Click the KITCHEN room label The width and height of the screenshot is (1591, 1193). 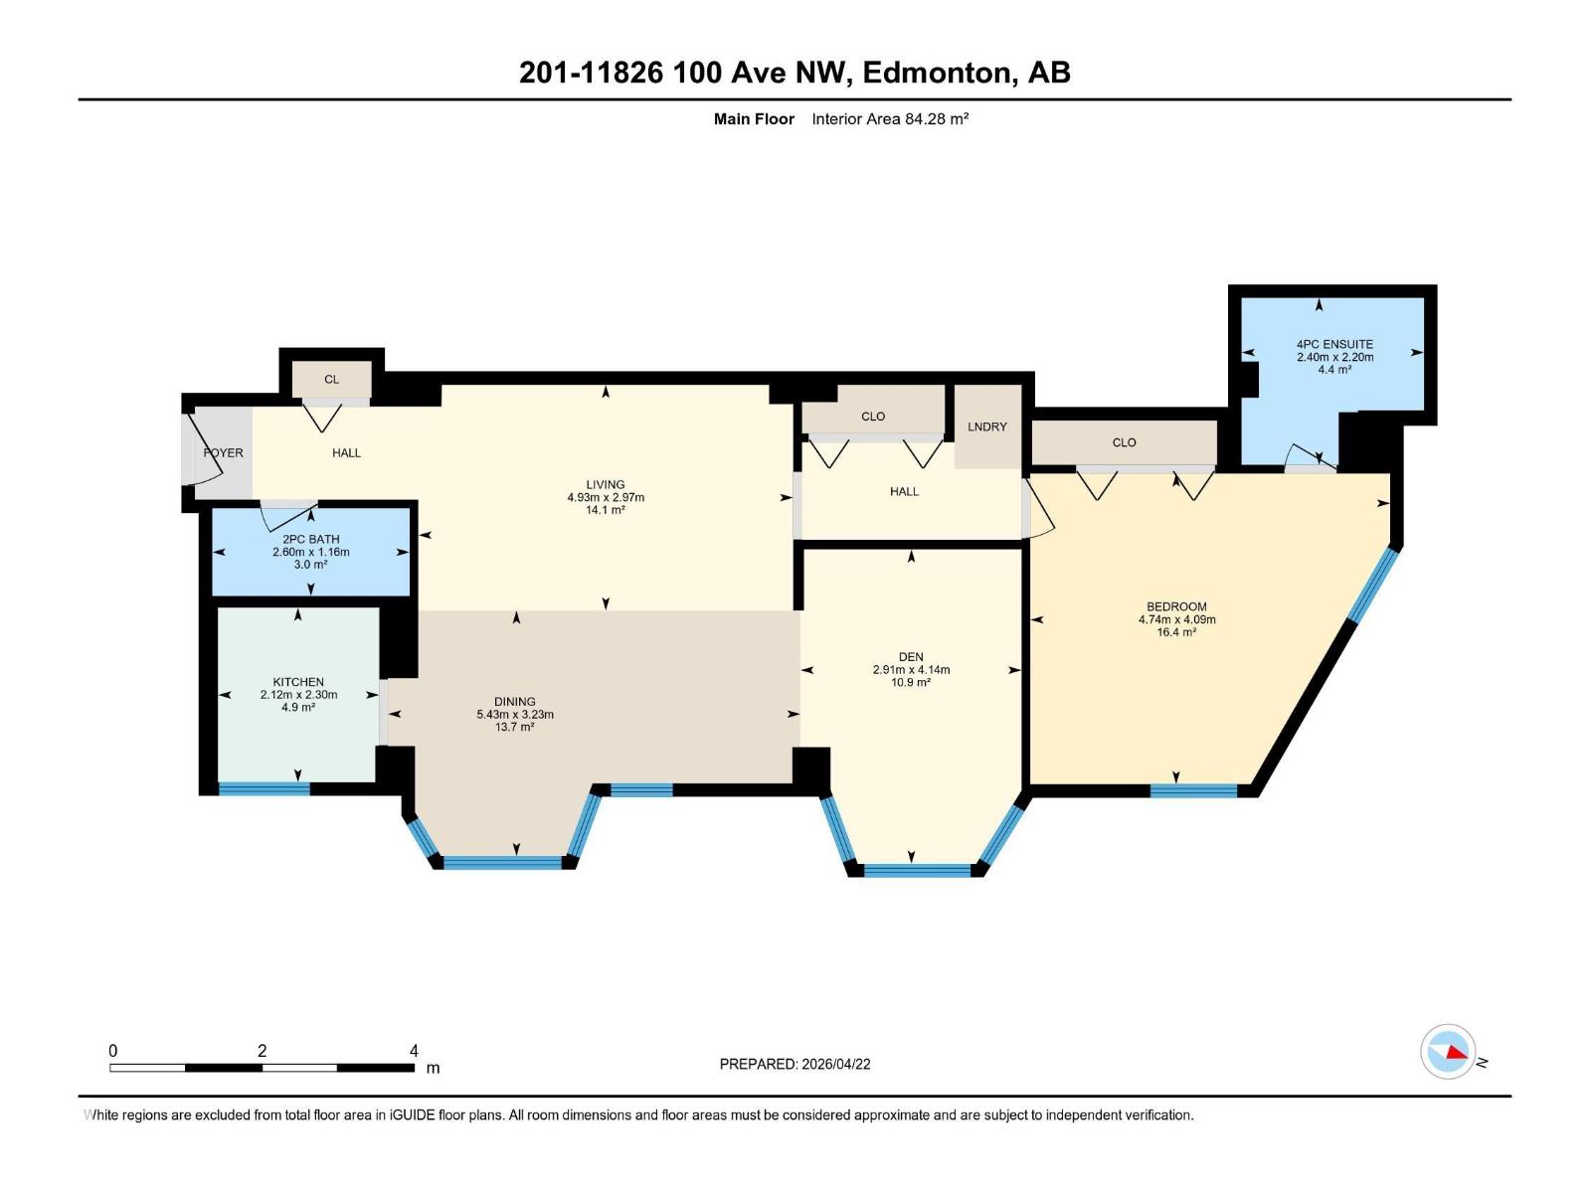[298, 682]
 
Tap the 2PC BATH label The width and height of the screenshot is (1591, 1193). [310, 539]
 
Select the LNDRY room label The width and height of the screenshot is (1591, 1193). [987, 426]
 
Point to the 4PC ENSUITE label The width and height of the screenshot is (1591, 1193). [1334, 344]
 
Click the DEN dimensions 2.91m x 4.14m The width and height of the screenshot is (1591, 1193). [911, 670]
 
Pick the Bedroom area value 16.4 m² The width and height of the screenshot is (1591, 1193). [1176, 632]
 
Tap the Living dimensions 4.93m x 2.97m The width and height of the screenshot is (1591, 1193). [606, 497]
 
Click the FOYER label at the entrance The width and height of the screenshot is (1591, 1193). [224, 452]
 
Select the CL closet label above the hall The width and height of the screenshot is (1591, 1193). [331, 379]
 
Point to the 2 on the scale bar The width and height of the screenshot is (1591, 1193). [262, 1051]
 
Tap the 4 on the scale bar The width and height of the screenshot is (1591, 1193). [414, 1051]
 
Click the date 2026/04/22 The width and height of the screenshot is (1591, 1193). [836, 1064]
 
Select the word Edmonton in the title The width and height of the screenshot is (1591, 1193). [937, 73]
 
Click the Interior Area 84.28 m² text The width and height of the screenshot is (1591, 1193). [890, 119]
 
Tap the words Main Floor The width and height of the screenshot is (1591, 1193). [754, 119]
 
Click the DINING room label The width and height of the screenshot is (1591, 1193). [514, 701]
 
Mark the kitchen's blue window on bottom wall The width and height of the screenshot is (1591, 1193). [265, 789]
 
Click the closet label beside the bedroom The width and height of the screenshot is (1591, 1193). [1124, 442]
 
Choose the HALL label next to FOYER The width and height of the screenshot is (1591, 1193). [346, 452]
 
